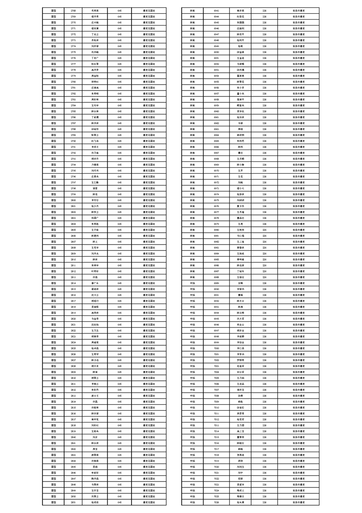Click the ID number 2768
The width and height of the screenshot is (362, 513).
[73, 10]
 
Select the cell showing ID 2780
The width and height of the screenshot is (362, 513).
[73, 81]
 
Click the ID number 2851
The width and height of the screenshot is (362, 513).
[73, 502]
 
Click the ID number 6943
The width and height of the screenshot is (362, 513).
[216, 10]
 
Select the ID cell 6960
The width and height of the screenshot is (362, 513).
[216, 111]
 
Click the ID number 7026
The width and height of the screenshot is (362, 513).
[216, 502]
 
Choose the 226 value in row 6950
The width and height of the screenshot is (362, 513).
[264, 51]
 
